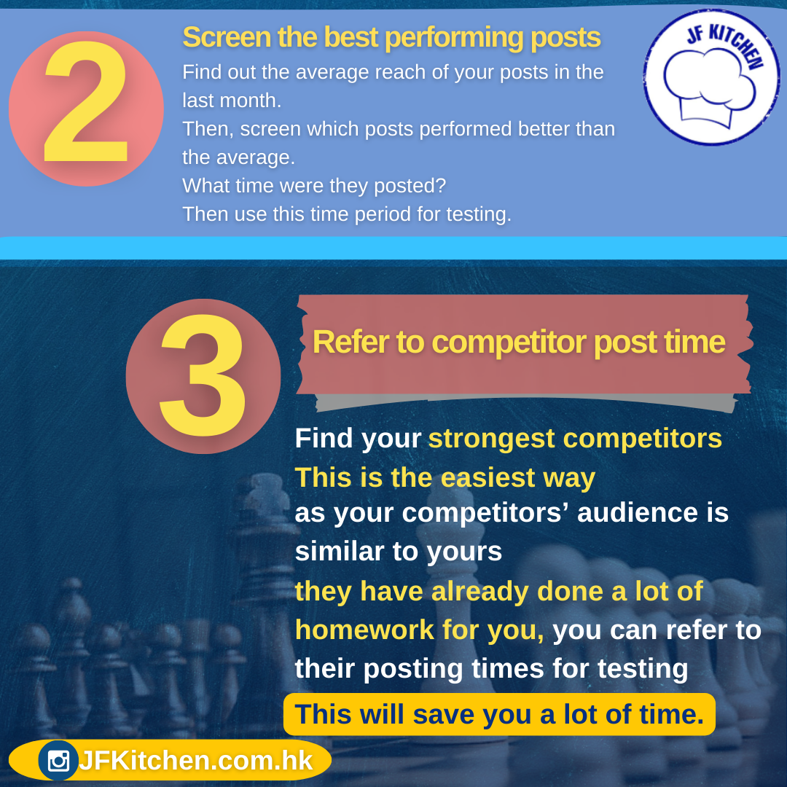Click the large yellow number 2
tap(86, 103)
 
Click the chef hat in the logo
tap(709, 86)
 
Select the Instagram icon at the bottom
tap(59, 760)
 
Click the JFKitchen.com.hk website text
tap(196, 760)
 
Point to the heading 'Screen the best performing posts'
tap(391, 37)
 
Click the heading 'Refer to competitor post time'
tap(519, 342)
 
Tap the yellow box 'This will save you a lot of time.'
tap(499, 714)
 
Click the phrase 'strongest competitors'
tap(575, 439)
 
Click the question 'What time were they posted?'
tap(314, 186)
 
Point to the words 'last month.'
tap(232, 101)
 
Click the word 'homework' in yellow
tap(364, 630)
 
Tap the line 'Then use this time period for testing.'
tap(347, 214)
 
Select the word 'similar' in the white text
tap(340, 551)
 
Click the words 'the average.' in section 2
tap(238, 157)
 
